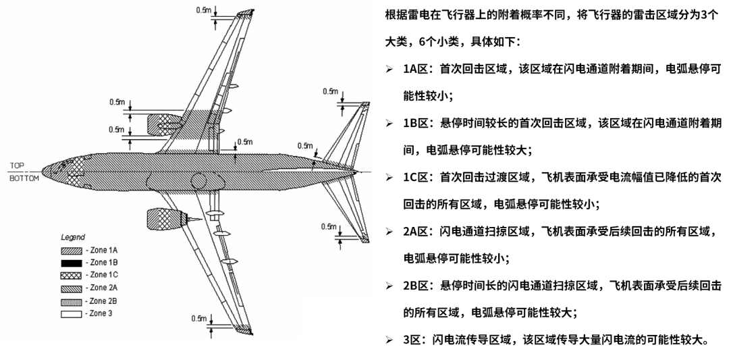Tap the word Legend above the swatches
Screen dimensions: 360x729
tap(72, 238)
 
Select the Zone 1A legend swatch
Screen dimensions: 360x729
tap(72, 250)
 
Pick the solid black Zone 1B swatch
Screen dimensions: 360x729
tap(72, 262)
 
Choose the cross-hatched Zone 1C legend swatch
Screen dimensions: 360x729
tap(72, 275)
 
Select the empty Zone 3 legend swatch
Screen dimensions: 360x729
tap(72, 313)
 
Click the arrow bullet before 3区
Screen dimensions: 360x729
tap(389, 340)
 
